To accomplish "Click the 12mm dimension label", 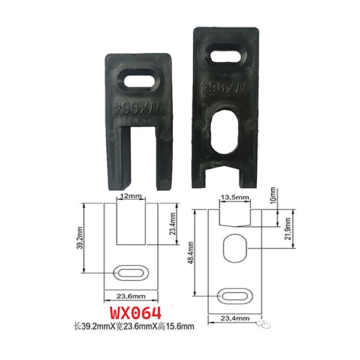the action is [x=131, y=197].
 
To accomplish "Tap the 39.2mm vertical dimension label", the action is [x=80, y=238].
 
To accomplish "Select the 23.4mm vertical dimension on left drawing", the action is [x=173, y=224].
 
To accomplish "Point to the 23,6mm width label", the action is [x=131, y=296].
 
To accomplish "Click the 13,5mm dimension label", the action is [x=235, y=197].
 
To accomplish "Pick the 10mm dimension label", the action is [x=273, y=196].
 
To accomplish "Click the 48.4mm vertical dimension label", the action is [x=191, y=253].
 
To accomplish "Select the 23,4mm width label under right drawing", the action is [x=235, y=319].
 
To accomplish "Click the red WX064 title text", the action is [x=136, y=314].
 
